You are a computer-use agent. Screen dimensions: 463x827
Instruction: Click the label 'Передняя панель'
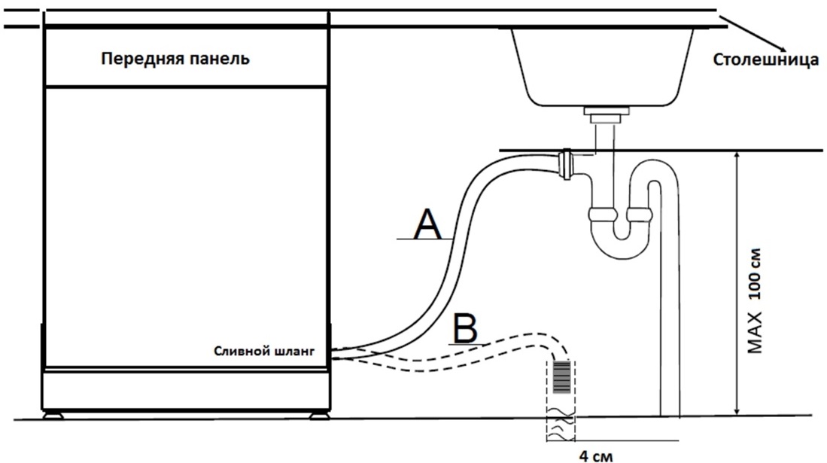click(175, 59)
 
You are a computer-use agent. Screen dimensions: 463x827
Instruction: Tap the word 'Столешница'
click(765, 60)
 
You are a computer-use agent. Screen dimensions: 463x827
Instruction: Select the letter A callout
click(427, 224)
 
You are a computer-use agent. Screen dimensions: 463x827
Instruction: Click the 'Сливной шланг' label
click(262, 351)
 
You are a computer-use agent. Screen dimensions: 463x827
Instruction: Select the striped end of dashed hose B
click(560, 376)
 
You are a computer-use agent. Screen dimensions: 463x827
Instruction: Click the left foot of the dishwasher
click(53, 413)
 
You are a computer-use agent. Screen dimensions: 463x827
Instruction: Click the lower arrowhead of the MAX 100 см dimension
click(738, 410)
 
